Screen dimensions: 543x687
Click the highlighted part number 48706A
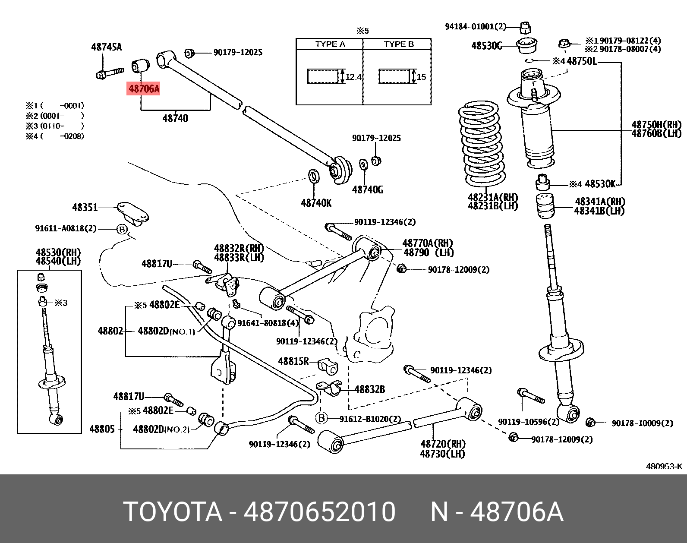coord(144,89)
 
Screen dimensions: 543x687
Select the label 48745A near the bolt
coord(106,47)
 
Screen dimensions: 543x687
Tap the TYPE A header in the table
coord(330,44)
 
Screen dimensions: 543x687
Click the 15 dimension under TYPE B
coord(421,77)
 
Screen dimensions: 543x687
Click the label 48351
coord(85,208)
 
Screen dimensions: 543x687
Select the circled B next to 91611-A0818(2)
coord(122,229)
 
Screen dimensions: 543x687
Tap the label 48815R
coord(293,361)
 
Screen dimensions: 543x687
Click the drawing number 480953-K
coord(664,466)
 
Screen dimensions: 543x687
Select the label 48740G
coord(367,189)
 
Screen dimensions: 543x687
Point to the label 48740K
coord(316,203)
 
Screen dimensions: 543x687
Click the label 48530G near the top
coord(486,46)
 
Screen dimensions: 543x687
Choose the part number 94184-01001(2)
coord(475,27)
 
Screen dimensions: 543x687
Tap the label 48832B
coord(369,389)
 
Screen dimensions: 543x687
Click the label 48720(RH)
coord(443,444)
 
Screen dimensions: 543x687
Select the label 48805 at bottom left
coord(102,429)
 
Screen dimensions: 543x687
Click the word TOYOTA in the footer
coord(172,512)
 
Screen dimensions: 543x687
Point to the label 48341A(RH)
coord(599,202)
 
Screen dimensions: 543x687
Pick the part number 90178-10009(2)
coord(642,423)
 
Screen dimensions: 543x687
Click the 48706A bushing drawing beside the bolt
coord(140,65)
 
